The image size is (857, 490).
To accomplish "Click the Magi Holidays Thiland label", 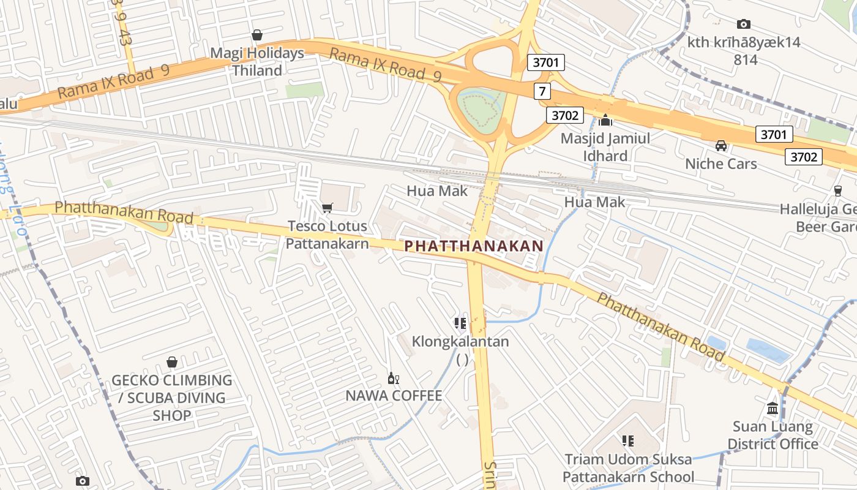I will [x=257, y=62].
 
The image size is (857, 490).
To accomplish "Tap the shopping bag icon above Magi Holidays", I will [x=257, y=36].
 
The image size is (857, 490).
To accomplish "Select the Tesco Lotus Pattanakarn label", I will [x=327, y=235].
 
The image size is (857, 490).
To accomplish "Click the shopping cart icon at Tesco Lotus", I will [x=327, y=208].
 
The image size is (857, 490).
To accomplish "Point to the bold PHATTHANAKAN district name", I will [x=474, y=246].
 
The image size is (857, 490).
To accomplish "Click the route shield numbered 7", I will [x=542, y=92].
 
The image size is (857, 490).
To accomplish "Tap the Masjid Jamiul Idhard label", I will [x=605, y=147].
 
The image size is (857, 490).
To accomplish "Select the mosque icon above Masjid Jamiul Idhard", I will [x=606, y=121].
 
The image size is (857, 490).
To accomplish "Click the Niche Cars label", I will [x=720, y=164].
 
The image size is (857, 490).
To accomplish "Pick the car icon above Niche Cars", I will [x=721, y=146].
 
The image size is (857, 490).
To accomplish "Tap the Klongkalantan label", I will [x=460, y=342].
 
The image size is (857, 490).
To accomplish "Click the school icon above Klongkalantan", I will [x=460, y=323].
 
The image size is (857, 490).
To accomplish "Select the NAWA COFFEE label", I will [x=394, y=396].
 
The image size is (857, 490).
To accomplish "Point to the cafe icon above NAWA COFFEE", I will [x=393, y=378].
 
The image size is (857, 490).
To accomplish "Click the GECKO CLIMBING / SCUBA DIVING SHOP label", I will [x=172, y=398].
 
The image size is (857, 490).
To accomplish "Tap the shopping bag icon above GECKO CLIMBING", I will [x=172, y=362].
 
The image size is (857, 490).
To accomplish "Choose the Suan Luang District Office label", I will [x=773, y=435].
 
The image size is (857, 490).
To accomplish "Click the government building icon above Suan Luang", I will [x=773, y=408].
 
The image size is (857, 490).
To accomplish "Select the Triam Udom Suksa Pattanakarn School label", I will [x=628, y=468].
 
